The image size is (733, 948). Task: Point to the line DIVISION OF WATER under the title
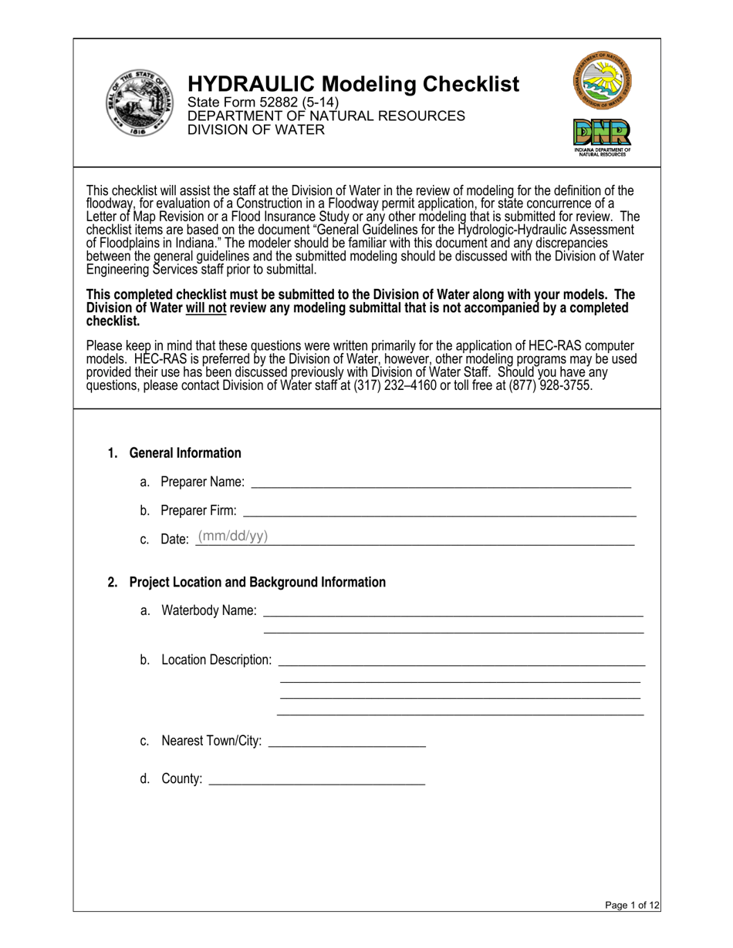(x=256, y=129)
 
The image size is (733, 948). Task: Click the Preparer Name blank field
(x=441, y=482)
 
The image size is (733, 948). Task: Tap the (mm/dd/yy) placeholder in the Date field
(x=233, y=536)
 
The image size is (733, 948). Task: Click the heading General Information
(x=185, y=453)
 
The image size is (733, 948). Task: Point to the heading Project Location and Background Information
(x=257, y=583)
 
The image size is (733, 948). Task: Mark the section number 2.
(x=113, y=583)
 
